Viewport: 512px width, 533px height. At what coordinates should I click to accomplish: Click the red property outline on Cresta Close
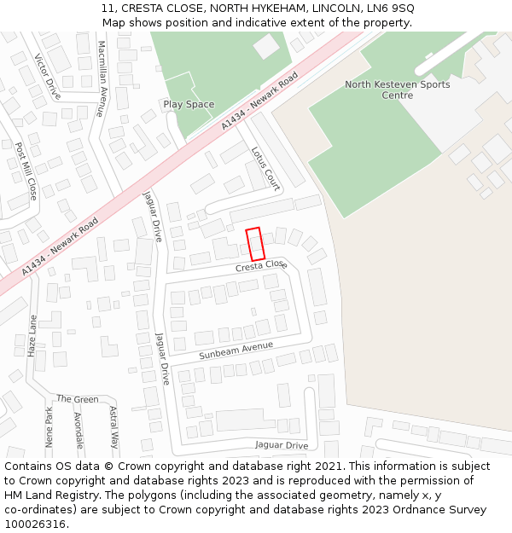point(255,244)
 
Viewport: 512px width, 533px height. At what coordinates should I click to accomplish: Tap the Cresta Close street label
point(261,266)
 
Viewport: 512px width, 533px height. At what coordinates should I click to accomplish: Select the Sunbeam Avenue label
point(236,350)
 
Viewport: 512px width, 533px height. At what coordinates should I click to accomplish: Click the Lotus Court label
point(265,168)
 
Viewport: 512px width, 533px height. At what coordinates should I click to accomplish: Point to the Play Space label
point(189,105)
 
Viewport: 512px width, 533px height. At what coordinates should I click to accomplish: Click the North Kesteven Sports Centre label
point(385,90)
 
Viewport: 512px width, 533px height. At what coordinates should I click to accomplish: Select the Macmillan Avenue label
point(102,78)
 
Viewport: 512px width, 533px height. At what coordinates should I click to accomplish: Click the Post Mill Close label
point(26,171)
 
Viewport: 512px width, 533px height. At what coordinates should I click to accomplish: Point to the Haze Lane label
point(33,335)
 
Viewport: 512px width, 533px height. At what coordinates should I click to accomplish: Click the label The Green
point(78,399)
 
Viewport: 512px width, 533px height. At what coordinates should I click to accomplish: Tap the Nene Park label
point(49,427)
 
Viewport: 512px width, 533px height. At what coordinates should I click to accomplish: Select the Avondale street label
point(79,430)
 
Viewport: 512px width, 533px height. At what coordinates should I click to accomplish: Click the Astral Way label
point(114,427)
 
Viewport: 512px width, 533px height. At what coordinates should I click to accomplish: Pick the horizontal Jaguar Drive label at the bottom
point(282,445)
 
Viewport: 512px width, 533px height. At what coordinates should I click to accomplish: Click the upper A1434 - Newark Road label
point(259,101)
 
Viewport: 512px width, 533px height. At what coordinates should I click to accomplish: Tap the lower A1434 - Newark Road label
point(61,246)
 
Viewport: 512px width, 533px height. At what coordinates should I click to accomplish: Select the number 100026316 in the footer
point(34,524)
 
